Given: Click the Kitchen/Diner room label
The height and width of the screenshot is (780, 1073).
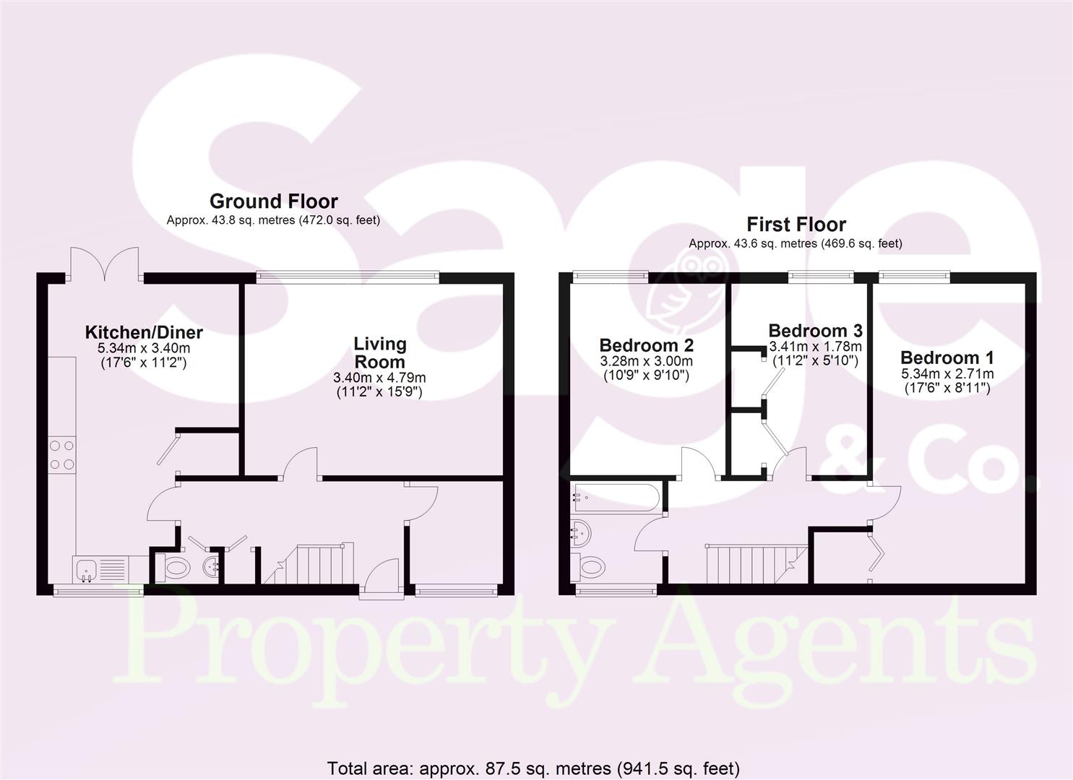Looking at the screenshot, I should (x=144, y=333).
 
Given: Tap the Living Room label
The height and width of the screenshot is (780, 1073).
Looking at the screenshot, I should (x=379, y=352).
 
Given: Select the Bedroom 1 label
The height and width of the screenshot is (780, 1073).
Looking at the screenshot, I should (x=947, y=357).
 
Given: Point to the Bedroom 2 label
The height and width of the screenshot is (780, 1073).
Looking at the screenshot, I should (x=646, y=344).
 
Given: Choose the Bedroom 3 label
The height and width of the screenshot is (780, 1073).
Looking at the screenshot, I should (x=815, y=331).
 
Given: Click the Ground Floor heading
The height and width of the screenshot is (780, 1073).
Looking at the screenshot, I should (x=273, y=201).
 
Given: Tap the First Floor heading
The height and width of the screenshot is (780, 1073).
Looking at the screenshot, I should (x=796, y=224).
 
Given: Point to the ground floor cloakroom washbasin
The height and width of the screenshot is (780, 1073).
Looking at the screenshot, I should (x=211, y=566).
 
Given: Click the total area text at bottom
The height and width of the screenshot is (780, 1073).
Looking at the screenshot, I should (x=533, y=768).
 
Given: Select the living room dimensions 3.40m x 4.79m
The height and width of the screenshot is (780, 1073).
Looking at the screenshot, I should (x=379, y=378).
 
